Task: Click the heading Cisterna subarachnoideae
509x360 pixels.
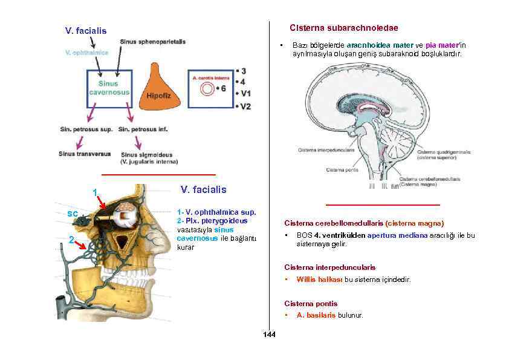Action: point(343,28)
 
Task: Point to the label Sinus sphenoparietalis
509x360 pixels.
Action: point(152,41)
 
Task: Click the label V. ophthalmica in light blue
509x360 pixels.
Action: point(86,53)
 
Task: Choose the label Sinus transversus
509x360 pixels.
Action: point(85,154)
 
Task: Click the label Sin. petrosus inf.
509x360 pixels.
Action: point(143,129)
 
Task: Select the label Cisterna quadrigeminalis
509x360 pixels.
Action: point(443,152)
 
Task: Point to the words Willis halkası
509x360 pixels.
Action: point(319,280)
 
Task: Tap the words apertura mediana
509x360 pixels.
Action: point(397,235)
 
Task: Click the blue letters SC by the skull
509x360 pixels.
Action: point(72,213)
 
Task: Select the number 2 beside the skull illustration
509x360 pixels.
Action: point(71,240)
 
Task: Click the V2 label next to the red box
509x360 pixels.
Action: point(245,106)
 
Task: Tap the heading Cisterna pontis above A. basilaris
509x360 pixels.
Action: point(311,304)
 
